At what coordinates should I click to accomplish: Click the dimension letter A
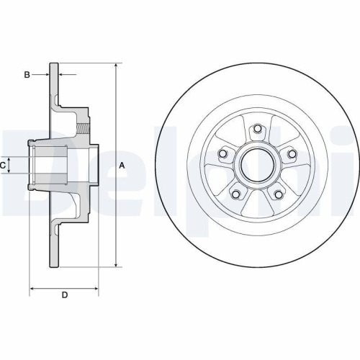pyautogui.click(x=122, y=166)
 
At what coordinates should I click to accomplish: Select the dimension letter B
pyautogui.click(x=26, y=74)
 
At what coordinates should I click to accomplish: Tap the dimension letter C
pyautogui.click(x=4, y=166)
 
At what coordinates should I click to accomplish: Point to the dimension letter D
pyautogui.click(x=64, y=295)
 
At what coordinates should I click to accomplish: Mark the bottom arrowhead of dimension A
pyautogui.click(x=115, y=265)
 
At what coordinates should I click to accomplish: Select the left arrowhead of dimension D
pyautogui.click(x=32, y=290)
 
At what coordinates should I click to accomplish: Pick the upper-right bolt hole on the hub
pyautogui.click(x=291, y=153)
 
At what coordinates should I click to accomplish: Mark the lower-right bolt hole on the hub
pyautogui.click(x=278, y=194)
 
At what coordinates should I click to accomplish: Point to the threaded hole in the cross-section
pyautogui.click(x=86, y=130)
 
